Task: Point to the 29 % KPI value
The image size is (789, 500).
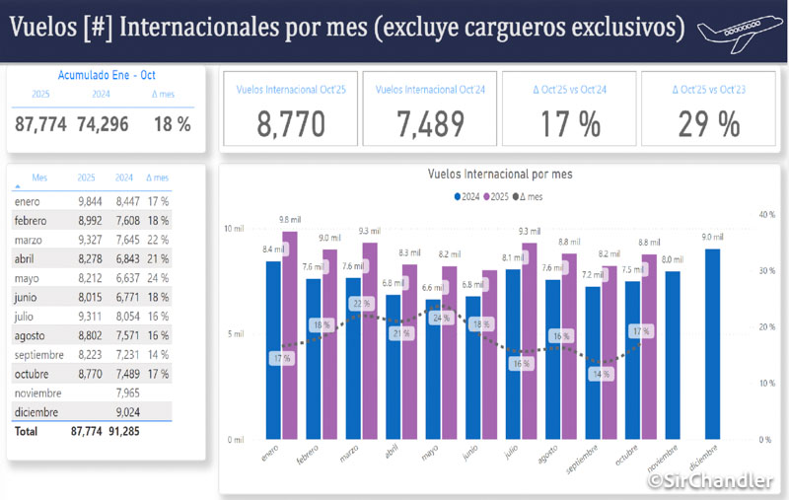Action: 709,123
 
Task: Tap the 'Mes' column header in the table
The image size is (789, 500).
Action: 39,178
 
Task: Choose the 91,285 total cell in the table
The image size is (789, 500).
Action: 123,431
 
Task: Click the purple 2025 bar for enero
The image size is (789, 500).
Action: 289,335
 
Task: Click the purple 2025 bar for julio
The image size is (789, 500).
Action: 529,340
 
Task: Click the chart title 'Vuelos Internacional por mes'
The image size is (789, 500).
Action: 500,174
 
